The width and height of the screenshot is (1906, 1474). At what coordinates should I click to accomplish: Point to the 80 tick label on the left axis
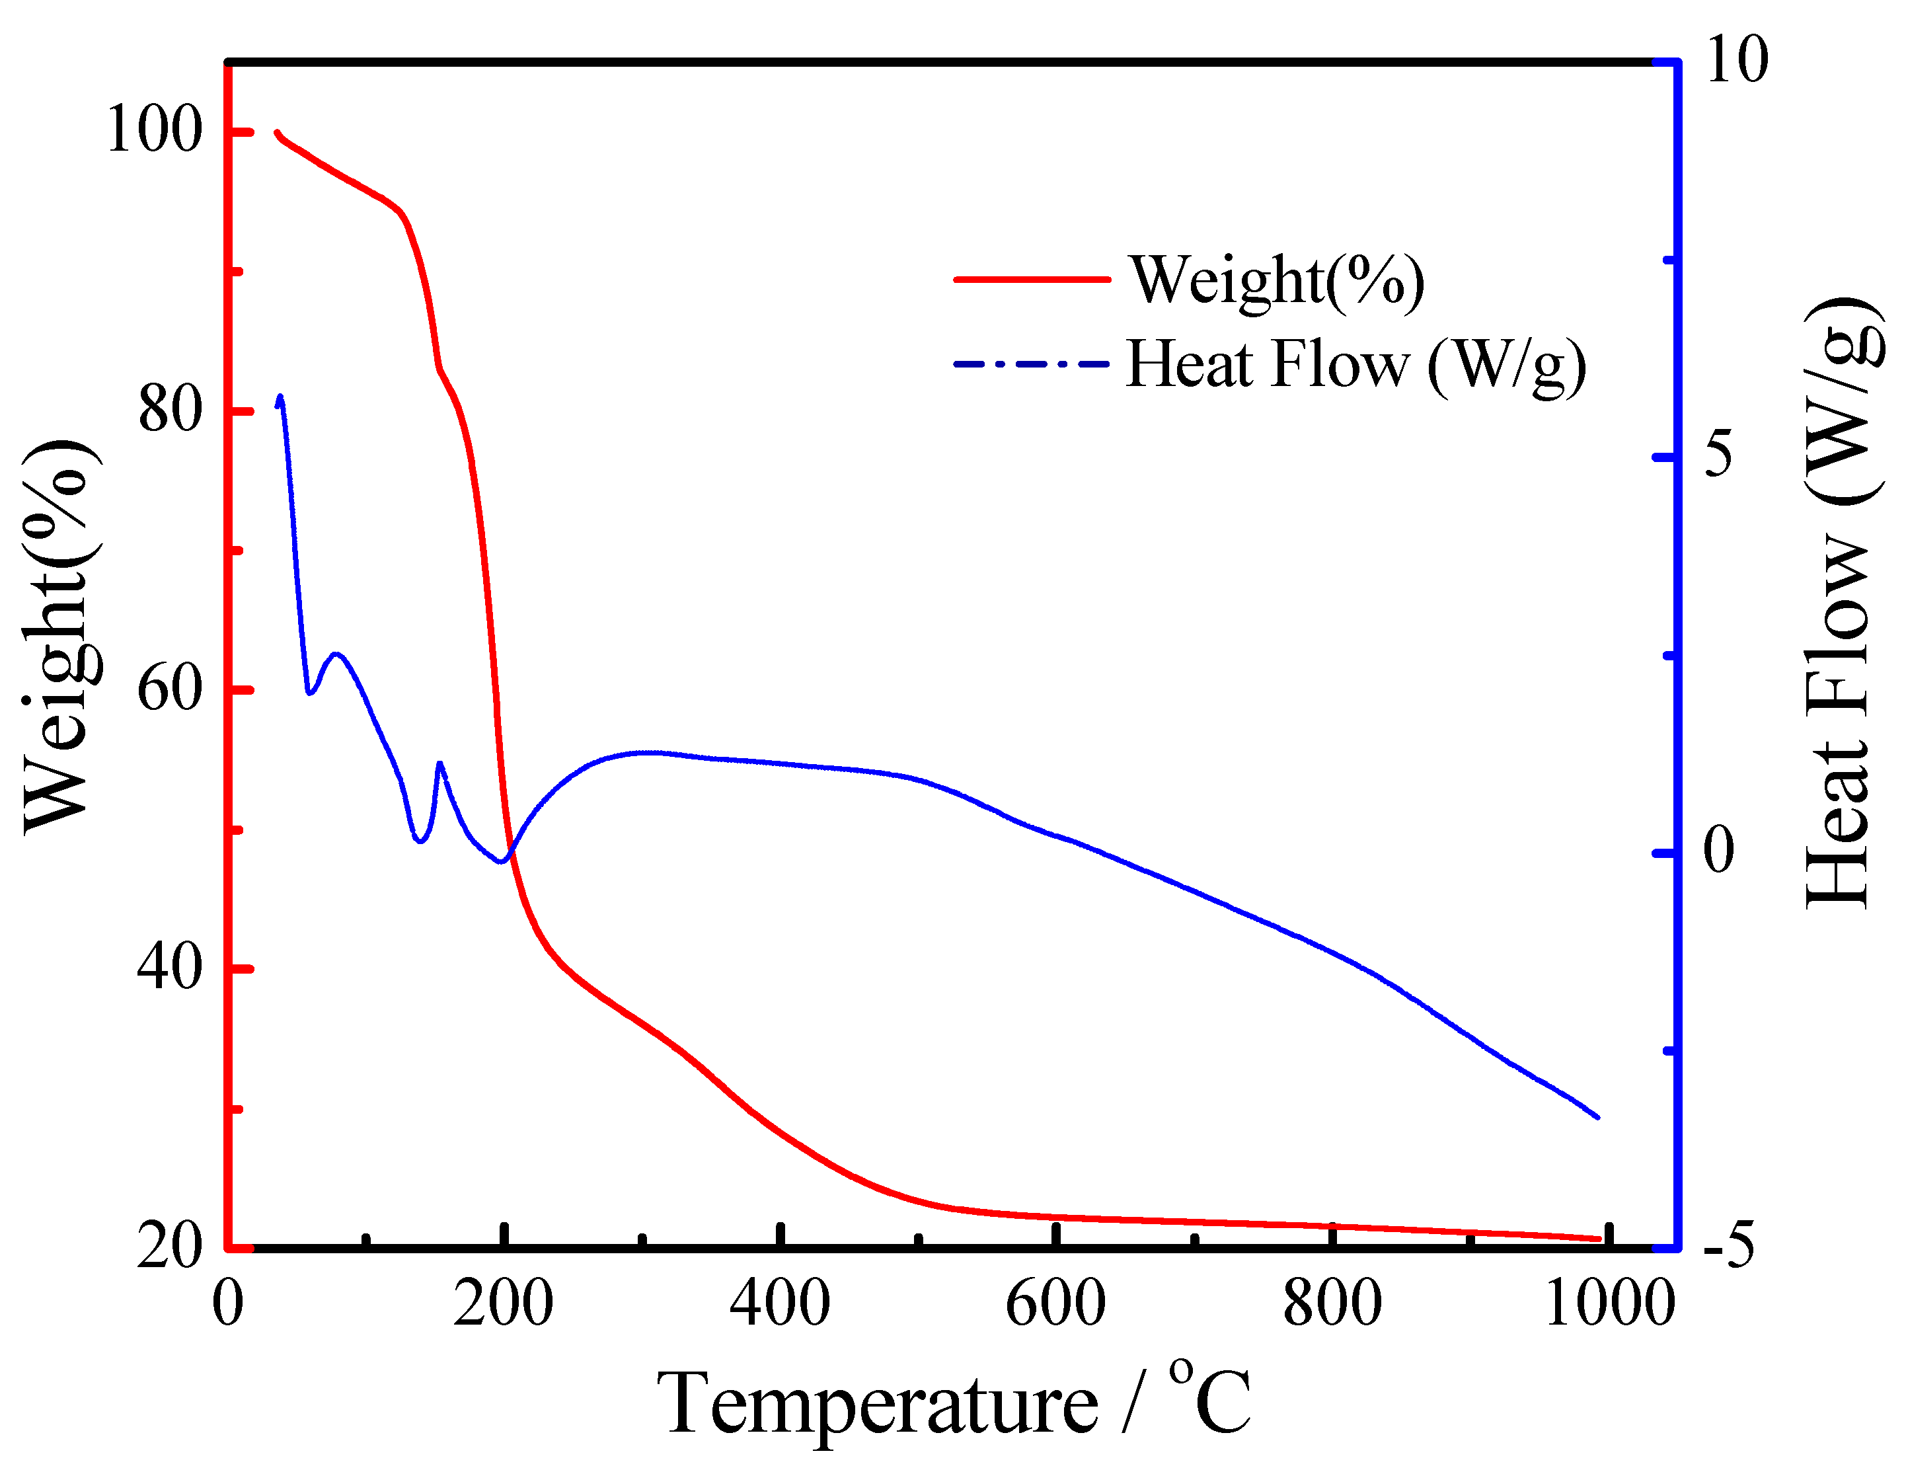pyautogui.click(x=171, y=409)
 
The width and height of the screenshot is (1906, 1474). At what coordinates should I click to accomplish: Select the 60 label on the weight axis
pyautogui.click(x=171, y=689)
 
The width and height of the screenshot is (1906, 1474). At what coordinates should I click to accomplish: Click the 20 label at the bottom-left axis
pyautogui.click(x=171, y=1245)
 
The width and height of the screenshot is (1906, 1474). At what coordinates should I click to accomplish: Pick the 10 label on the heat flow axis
pyautogui.click(x=1737, y=61)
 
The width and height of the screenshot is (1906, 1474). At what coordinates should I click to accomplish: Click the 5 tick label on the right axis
pyautogui.click(x=1719, y=455)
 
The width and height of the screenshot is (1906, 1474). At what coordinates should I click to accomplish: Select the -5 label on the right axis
pyautogui.click(x=1728, y=1245)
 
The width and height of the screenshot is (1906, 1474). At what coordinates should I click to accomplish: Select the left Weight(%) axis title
pyautogui.click(x=57, y=637)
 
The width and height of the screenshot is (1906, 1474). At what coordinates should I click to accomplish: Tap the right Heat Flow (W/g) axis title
pyautogui.click(x=1841, y=602)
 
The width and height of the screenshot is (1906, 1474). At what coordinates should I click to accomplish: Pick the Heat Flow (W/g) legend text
pyautogui.click(x=1356, y=365)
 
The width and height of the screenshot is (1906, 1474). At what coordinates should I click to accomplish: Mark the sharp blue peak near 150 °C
pyautogui.click(x=440, y=763)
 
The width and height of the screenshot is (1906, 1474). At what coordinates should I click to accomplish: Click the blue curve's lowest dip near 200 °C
pyautogui.click(x=501, y=861)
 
